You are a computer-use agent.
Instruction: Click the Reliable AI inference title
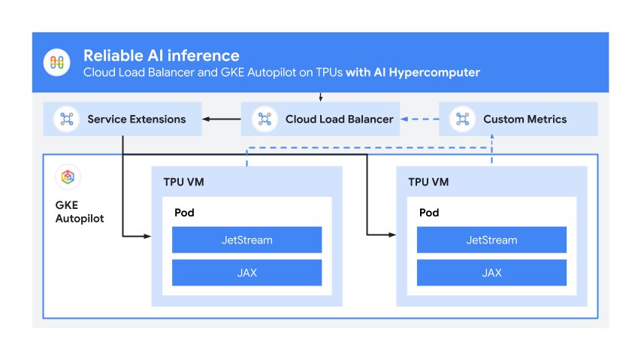pos(161,56)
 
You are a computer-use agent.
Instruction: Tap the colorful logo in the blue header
pos(57,62)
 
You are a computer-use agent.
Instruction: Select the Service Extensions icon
pos(66,119)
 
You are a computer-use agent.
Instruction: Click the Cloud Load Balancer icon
pos(264,119)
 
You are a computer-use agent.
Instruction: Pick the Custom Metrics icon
pos(461,119)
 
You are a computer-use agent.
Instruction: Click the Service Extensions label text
pos(136,119)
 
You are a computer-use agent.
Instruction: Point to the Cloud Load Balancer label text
pos(339,119)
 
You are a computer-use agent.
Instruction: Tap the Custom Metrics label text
pos(525,119)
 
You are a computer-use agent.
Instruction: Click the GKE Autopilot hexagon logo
pos(68,177)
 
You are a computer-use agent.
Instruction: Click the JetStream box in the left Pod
pos(246,240)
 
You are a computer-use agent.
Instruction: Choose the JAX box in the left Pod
pos(246,273)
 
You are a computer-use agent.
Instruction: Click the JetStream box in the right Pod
pos(491,240)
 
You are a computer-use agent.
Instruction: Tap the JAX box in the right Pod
pos(491,273)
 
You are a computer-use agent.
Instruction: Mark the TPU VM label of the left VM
pos(185,182)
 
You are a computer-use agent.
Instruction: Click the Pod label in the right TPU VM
pos(429,213)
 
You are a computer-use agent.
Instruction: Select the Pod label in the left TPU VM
pos(184,213)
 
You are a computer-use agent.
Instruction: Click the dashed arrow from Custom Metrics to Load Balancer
pos(420,119)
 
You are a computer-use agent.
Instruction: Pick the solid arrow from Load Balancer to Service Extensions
pos(222,119)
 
